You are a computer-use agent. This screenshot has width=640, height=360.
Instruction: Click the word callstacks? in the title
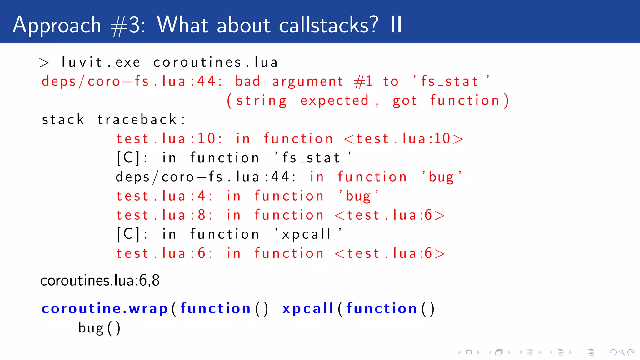point(328,25)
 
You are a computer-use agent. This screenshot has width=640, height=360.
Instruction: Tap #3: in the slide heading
point(128,25)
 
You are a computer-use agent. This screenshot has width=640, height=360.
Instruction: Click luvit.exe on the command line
point(101,62)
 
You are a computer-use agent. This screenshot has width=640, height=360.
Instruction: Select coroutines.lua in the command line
point(215,62)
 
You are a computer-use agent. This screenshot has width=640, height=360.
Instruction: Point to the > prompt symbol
point(44,63)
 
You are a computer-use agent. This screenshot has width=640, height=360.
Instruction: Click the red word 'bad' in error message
point(247,81)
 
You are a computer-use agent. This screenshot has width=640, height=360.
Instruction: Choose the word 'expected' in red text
point(334,101)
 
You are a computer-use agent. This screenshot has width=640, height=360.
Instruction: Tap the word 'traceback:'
point(141,120)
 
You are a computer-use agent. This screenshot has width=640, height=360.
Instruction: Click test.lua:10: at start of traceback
point(169,139)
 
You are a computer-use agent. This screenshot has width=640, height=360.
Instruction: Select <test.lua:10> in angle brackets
point(403,139)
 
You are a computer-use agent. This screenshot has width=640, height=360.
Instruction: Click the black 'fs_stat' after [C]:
point(312,158)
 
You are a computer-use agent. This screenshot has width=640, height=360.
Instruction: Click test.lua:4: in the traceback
point(164,196)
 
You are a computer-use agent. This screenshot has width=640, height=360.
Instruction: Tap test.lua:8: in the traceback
point(164,215)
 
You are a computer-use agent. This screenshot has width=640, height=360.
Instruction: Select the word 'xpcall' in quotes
point(308,234)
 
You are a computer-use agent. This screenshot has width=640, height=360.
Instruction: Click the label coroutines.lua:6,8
point(100,280)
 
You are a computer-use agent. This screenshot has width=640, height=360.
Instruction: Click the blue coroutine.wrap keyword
point(105,309)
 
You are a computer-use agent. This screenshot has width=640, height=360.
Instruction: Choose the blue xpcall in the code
point(308,309)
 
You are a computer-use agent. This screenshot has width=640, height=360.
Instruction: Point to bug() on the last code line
point(99,328)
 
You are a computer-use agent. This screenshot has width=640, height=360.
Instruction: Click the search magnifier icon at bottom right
point(622,352)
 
